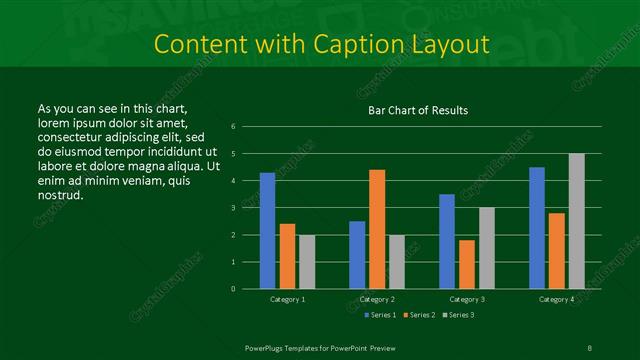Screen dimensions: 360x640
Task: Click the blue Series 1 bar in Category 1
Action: click(x=267, y=231)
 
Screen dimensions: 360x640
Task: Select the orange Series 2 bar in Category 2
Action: click(x=376, y=229)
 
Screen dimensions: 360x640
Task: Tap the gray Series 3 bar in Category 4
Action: click(x=576, y=221)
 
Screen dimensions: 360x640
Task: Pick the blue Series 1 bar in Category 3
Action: click(x=446, y=241)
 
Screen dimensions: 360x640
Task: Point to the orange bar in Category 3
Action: click(x=466, y=264)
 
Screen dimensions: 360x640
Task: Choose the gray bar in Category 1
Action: click(x=306, y=262)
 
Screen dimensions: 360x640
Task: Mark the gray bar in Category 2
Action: click(x=396, y=262)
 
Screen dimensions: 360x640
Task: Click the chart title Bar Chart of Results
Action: click(x=418, y=110)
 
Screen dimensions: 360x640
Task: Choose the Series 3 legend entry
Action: click(x=459, y=315)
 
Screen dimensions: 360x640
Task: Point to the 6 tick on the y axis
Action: click(x=233, y=127)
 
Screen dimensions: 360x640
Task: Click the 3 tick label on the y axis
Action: click(x=233, y=208)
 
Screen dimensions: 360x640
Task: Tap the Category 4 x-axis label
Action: click(x=556, y=299)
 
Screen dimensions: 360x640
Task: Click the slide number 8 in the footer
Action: click(x=589, y=347)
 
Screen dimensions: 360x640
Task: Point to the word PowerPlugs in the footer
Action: click(x=268, y=347)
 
